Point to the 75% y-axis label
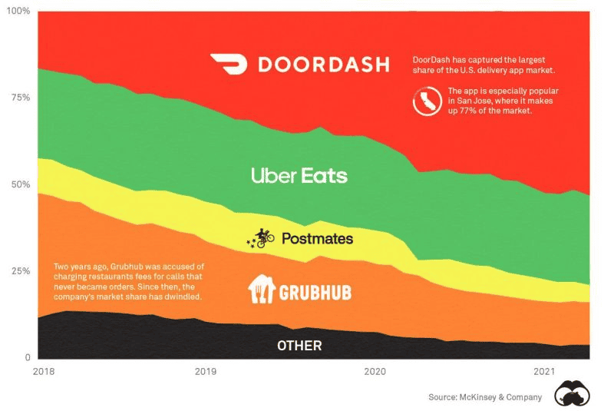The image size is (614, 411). pos(18,98)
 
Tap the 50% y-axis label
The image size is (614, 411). pos(18,185)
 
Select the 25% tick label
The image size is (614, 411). pos(18,272)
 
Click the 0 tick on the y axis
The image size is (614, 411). pos(26,358)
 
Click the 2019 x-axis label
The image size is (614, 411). pos(206,372)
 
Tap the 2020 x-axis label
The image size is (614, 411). pos(375,372)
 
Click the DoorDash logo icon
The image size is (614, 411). pos(229,64)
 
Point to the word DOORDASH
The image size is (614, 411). pos(323,65)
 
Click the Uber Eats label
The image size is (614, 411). pos(299,176)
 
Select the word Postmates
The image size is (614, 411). pos(317,239)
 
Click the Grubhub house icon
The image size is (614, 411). pos(261,289)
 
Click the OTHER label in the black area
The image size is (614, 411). pos(299,346)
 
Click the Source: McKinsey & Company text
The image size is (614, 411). pos(485,397)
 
